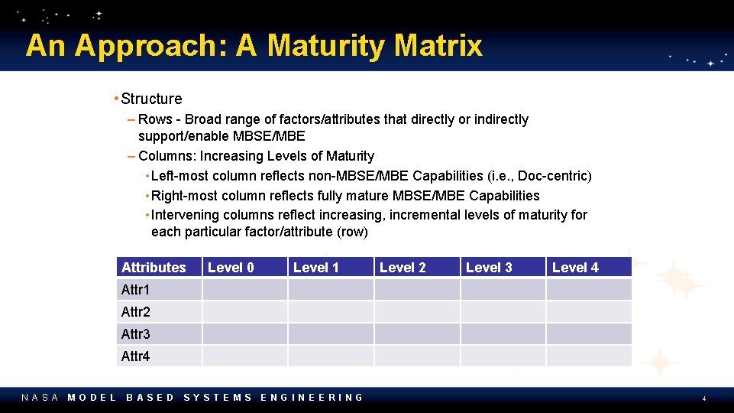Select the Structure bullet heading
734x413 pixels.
[x=151, y=99]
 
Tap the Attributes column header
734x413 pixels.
[x=154, y=267]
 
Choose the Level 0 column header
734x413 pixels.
[x=231, y=267]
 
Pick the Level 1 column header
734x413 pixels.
[x=316, y=267]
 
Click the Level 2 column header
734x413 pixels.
[x=403, y=267]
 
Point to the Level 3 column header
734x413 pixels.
[x=489, y=267]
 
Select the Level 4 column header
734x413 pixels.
[x=575, y=267]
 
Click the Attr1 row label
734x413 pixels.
[x=136, y=289]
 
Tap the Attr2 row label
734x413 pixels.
[x=136, y=311]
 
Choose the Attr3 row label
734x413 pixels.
[x=136, y=333]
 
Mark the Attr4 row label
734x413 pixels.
[x=136, y=356]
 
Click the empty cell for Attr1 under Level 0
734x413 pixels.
[x=244, y=289]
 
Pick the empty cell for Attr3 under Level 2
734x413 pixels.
[x=416, y=333]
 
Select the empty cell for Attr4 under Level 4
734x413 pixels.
[x=589, y=356]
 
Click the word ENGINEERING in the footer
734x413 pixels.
[x=312, y=397]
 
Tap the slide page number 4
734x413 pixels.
[x=704, y=398]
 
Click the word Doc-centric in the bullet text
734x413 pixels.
[x=552, y=176]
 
